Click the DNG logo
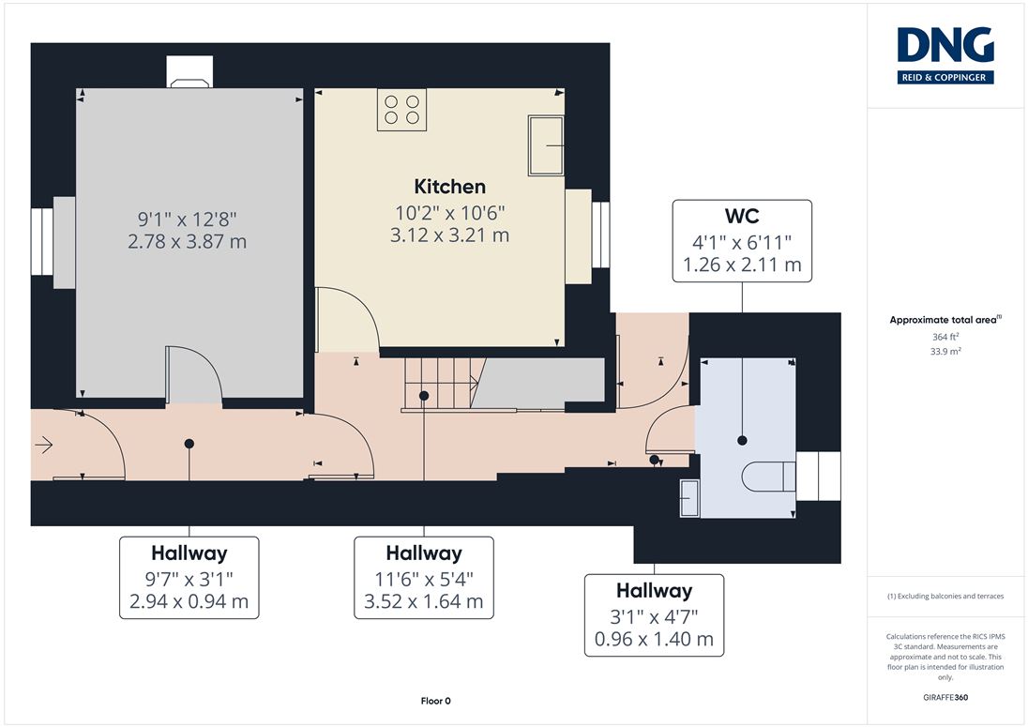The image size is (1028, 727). [x=945, y=55]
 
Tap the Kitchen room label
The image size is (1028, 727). [x=450, y=187]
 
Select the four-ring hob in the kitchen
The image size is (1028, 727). [x=401, y=110]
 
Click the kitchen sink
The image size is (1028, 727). [x=546, y=145]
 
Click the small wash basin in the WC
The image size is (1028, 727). [x=689, y=498]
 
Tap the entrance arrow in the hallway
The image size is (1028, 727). [x=43, y=446]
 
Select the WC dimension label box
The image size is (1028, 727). [x=742, y=241]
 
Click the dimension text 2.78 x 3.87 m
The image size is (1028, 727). [x=188, y=242]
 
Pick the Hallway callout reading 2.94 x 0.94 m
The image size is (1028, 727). [x=189, y=578]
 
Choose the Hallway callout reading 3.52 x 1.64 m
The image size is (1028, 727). [x=424, y=578]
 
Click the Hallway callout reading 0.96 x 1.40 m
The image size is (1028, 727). [x=655, y=615]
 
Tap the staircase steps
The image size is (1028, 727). [x=444, y=384]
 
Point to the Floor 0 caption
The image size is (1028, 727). [x=436, y=701]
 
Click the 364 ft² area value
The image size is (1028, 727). [x=945, y=337]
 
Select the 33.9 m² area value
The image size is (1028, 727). [x=945, y=352]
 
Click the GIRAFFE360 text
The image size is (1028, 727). [x=945, y=698]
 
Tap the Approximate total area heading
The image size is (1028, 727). [x=945, y=320]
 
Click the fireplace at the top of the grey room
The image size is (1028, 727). [x=189, y=72]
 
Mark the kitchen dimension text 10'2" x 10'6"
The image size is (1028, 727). [x=450, y=213]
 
